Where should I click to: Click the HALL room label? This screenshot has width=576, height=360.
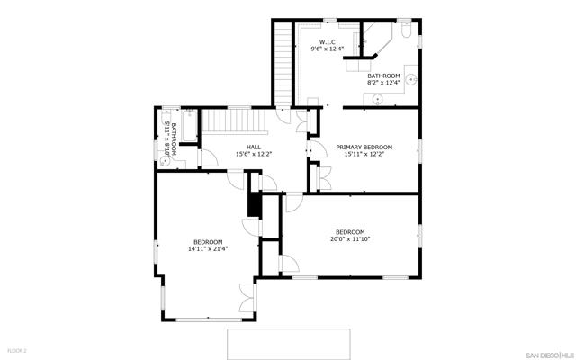click(254, 148)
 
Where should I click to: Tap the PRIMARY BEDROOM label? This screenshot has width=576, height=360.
click(364, 148)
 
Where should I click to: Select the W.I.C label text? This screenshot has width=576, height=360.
click(327, 42)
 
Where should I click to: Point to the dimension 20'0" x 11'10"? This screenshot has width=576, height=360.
click(350, 239)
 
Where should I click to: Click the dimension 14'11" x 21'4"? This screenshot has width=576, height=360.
click(208, 248)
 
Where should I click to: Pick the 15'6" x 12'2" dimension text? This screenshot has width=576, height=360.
click(254, 154)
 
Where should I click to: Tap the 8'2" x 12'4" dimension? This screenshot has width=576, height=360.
click(383, 83)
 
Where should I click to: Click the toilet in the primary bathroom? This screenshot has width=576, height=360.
click(406, 30)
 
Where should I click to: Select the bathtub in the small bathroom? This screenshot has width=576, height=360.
click(190, 125)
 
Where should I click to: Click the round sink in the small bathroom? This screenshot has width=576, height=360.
click(166, 160)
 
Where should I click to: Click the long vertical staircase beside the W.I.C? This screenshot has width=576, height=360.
click(283, 63)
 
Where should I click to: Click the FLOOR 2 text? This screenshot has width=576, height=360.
click(18, 351)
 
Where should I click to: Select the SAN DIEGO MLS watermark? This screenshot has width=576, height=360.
click(549, 355)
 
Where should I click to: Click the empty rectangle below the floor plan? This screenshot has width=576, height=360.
click(288, 344)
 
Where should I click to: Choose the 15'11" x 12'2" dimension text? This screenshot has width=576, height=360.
click(364, 154)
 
